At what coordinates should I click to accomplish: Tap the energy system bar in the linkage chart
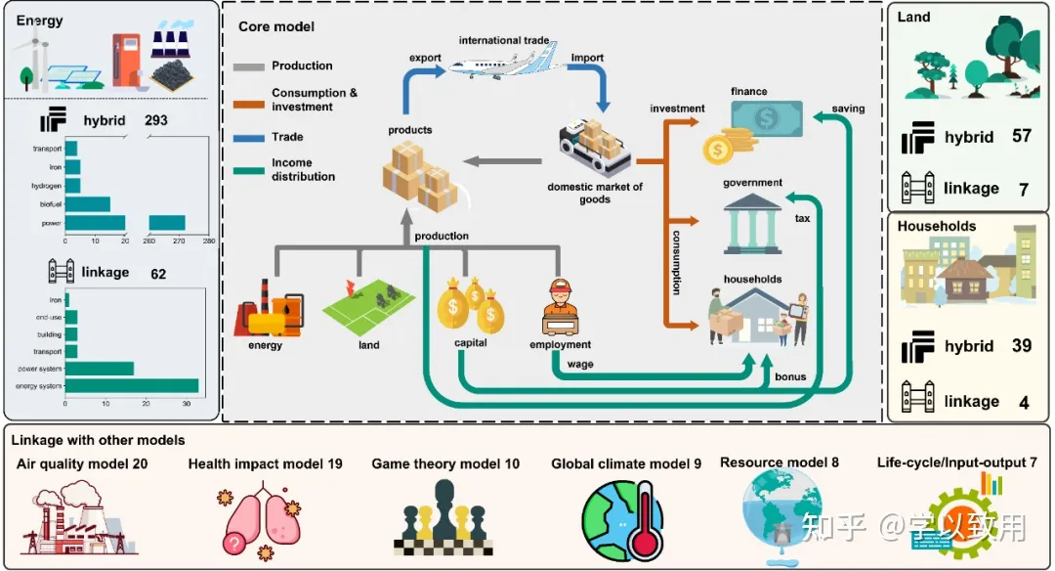pos(131,385)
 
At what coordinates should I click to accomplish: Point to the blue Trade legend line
pos(251,137)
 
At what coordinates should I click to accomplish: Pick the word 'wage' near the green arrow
pos(580,365)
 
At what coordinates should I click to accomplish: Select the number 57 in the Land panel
pos(1022,136)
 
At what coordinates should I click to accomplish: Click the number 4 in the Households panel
pos(1023,401)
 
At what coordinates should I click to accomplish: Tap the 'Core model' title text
pos(276,26)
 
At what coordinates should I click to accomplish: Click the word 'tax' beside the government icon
pos(802,219)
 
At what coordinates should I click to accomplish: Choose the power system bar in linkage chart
pos(99,369)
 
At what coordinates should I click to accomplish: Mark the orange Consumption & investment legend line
pos(251,99)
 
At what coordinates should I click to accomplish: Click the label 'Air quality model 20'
pos(82,463)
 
